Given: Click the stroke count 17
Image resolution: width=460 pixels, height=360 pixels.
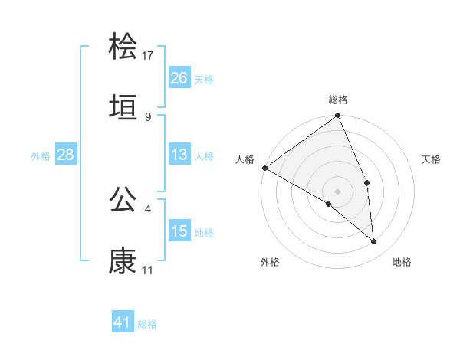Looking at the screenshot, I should coord(148,55).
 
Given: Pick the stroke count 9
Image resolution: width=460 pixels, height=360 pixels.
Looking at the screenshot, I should coord(148,116).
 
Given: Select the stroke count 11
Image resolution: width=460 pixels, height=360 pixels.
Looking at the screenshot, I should coord(148,270).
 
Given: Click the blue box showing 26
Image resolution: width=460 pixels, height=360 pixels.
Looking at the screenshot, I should coord(179,78).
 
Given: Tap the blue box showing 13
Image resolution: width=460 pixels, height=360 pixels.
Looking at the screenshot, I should coord(179,155).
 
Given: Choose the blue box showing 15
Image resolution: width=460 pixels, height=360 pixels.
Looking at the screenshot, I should coord(179,231).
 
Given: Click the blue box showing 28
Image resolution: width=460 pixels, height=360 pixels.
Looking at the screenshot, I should coord(65,155).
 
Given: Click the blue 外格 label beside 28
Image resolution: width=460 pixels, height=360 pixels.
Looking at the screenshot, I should coord(41,155).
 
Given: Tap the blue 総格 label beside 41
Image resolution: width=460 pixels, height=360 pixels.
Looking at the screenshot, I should coord(147,324).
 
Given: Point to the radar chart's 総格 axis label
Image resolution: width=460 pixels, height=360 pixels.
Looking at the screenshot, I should coord(338,100).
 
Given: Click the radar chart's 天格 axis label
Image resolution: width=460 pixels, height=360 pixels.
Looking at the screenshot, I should coord(432,159).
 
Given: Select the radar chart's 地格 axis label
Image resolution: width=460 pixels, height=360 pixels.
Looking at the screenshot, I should coord(402,262).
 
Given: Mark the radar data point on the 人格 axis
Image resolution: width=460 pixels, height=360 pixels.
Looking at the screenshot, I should coord(264,168).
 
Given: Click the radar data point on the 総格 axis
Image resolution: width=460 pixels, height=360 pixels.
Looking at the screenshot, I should coord(338,116).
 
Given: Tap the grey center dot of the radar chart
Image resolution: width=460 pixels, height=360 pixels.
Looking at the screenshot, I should coord(338,190).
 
